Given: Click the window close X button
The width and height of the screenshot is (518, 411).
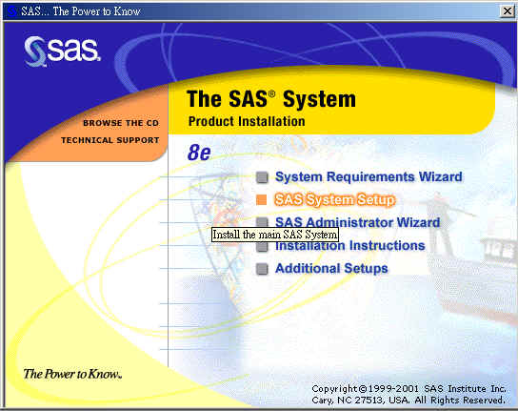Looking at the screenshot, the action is point(508,11).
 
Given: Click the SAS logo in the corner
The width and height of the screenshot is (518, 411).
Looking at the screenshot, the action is point(62,51).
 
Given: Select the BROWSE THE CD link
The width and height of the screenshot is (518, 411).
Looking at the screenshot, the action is point(121,123).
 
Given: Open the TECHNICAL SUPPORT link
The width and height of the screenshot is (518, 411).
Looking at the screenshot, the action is point(110,140).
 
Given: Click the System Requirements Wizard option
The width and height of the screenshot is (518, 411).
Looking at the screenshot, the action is point(369,176).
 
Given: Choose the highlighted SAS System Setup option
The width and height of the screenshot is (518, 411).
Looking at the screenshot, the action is point(335,199).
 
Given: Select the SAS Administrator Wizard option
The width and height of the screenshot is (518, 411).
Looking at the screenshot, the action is point(357,222).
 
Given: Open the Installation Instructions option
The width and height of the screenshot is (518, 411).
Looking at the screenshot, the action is point(349,245).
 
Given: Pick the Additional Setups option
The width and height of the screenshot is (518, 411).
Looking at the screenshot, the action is point(331,268).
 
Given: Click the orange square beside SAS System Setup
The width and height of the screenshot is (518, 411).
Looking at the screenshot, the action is point(261,199).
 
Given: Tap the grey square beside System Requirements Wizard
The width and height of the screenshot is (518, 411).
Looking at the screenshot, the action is point(262,177).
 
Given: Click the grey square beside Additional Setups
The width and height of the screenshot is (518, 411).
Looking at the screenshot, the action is point(262,269).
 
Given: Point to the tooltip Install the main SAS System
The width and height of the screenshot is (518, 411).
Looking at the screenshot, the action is point(275,235).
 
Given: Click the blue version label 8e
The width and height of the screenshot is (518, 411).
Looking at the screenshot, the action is point(199,153).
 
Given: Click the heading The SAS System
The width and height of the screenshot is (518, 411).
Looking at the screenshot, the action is point(271,98).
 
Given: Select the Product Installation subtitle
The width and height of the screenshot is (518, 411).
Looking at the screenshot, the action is point(247,121).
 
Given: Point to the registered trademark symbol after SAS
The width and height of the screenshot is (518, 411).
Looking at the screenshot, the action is point(271,93).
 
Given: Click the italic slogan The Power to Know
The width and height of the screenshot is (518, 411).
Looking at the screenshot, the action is point(72,374).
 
